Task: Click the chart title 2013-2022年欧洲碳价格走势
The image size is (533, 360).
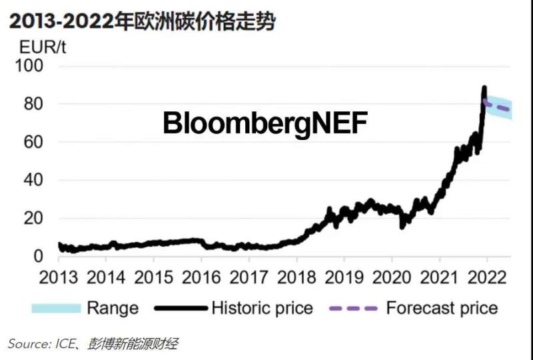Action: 142,21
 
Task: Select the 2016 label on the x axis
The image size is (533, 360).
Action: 201,276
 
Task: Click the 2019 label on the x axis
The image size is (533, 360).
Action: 344,276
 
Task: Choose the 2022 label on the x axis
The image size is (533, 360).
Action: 486,276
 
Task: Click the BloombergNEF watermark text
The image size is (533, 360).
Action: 265,124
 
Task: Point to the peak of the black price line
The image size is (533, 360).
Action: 484,88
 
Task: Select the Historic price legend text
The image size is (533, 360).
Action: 262,308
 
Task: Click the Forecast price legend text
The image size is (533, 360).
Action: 442,308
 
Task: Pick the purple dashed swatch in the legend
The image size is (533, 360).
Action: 354,308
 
